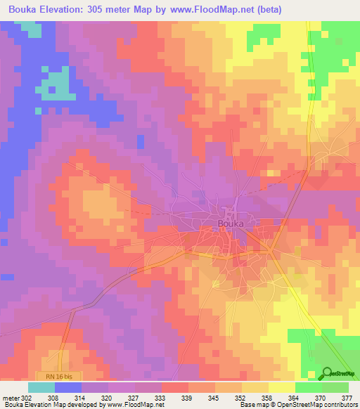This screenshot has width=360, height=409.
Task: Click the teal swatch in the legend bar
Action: click(41, 387)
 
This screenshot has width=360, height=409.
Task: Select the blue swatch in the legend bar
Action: click(68, 387)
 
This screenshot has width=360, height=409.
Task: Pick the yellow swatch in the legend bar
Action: click(282, 387)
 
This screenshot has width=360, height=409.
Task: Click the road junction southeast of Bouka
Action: click(270, 251)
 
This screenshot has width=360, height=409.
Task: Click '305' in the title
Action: click(105, 10)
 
